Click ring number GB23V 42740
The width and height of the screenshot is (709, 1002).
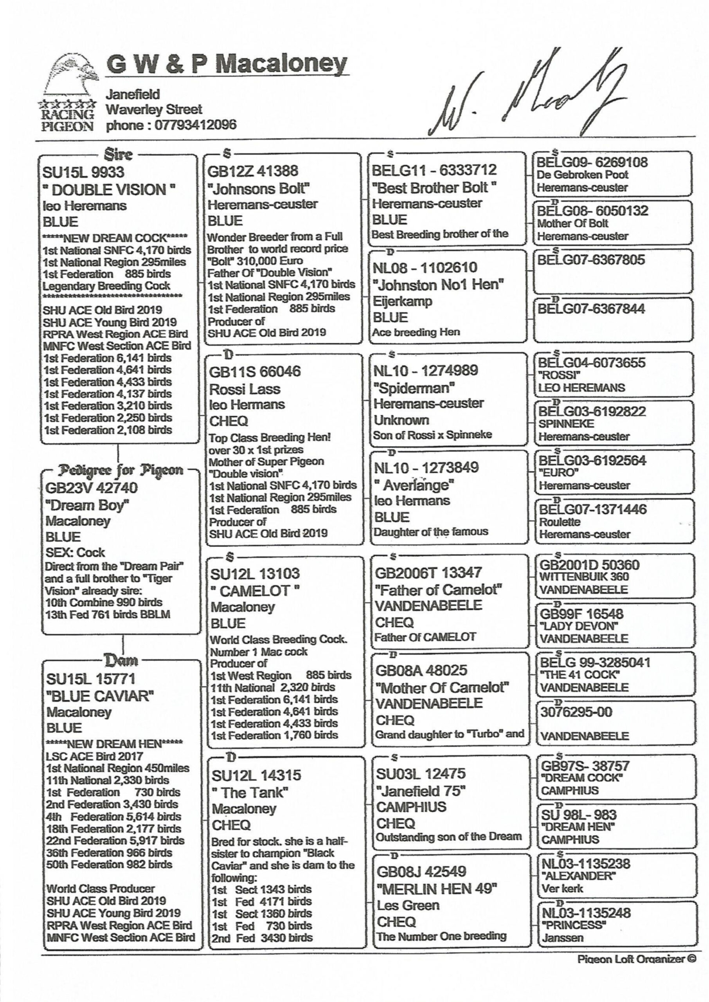(x=91, y=488)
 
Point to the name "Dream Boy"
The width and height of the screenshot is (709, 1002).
(x=88, y=506)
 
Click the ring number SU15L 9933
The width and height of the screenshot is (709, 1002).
(x=83, y=173)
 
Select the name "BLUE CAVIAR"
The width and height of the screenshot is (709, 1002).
(x=101, y=696)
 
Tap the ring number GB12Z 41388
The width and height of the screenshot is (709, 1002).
(x=253, y=171)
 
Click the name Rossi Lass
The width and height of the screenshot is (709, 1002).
(x=245, y=389)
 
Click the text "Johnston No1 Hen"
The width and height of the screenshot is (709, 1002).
(x=438, y=285)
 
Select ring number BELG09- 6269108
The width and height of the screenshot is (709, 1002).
(x=592, y=163)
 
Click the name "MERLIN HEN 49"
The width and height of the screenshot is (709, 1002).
(x=437, y=888)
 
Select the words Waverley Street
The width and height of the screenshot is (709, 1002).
(x=154, y=110)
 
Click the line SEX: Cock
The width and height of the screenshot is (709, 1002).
(x=75, y=553)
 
